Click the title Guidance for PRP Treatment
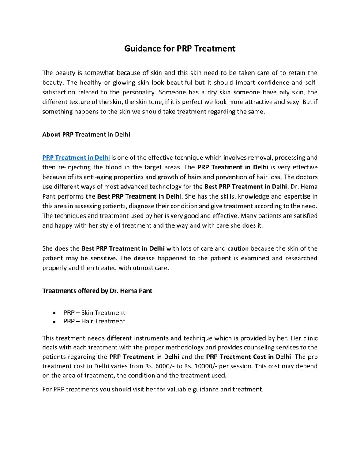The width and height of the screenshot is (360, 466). (x=180, y=49)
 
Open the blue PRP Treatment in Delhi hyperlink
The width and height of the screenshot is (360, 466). (x=76, y=158)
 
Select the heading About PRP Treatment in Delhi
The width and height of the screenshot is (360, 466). (x=86, y=135)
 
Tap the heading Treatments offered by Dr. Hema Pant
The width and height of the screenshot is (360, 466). (x=97, y=291)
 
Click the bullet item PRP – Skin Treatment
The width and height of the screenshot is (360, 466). (x=94, y=312)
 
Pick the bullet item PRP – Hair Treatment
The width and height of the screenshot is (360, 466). (x=94, y=321)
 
